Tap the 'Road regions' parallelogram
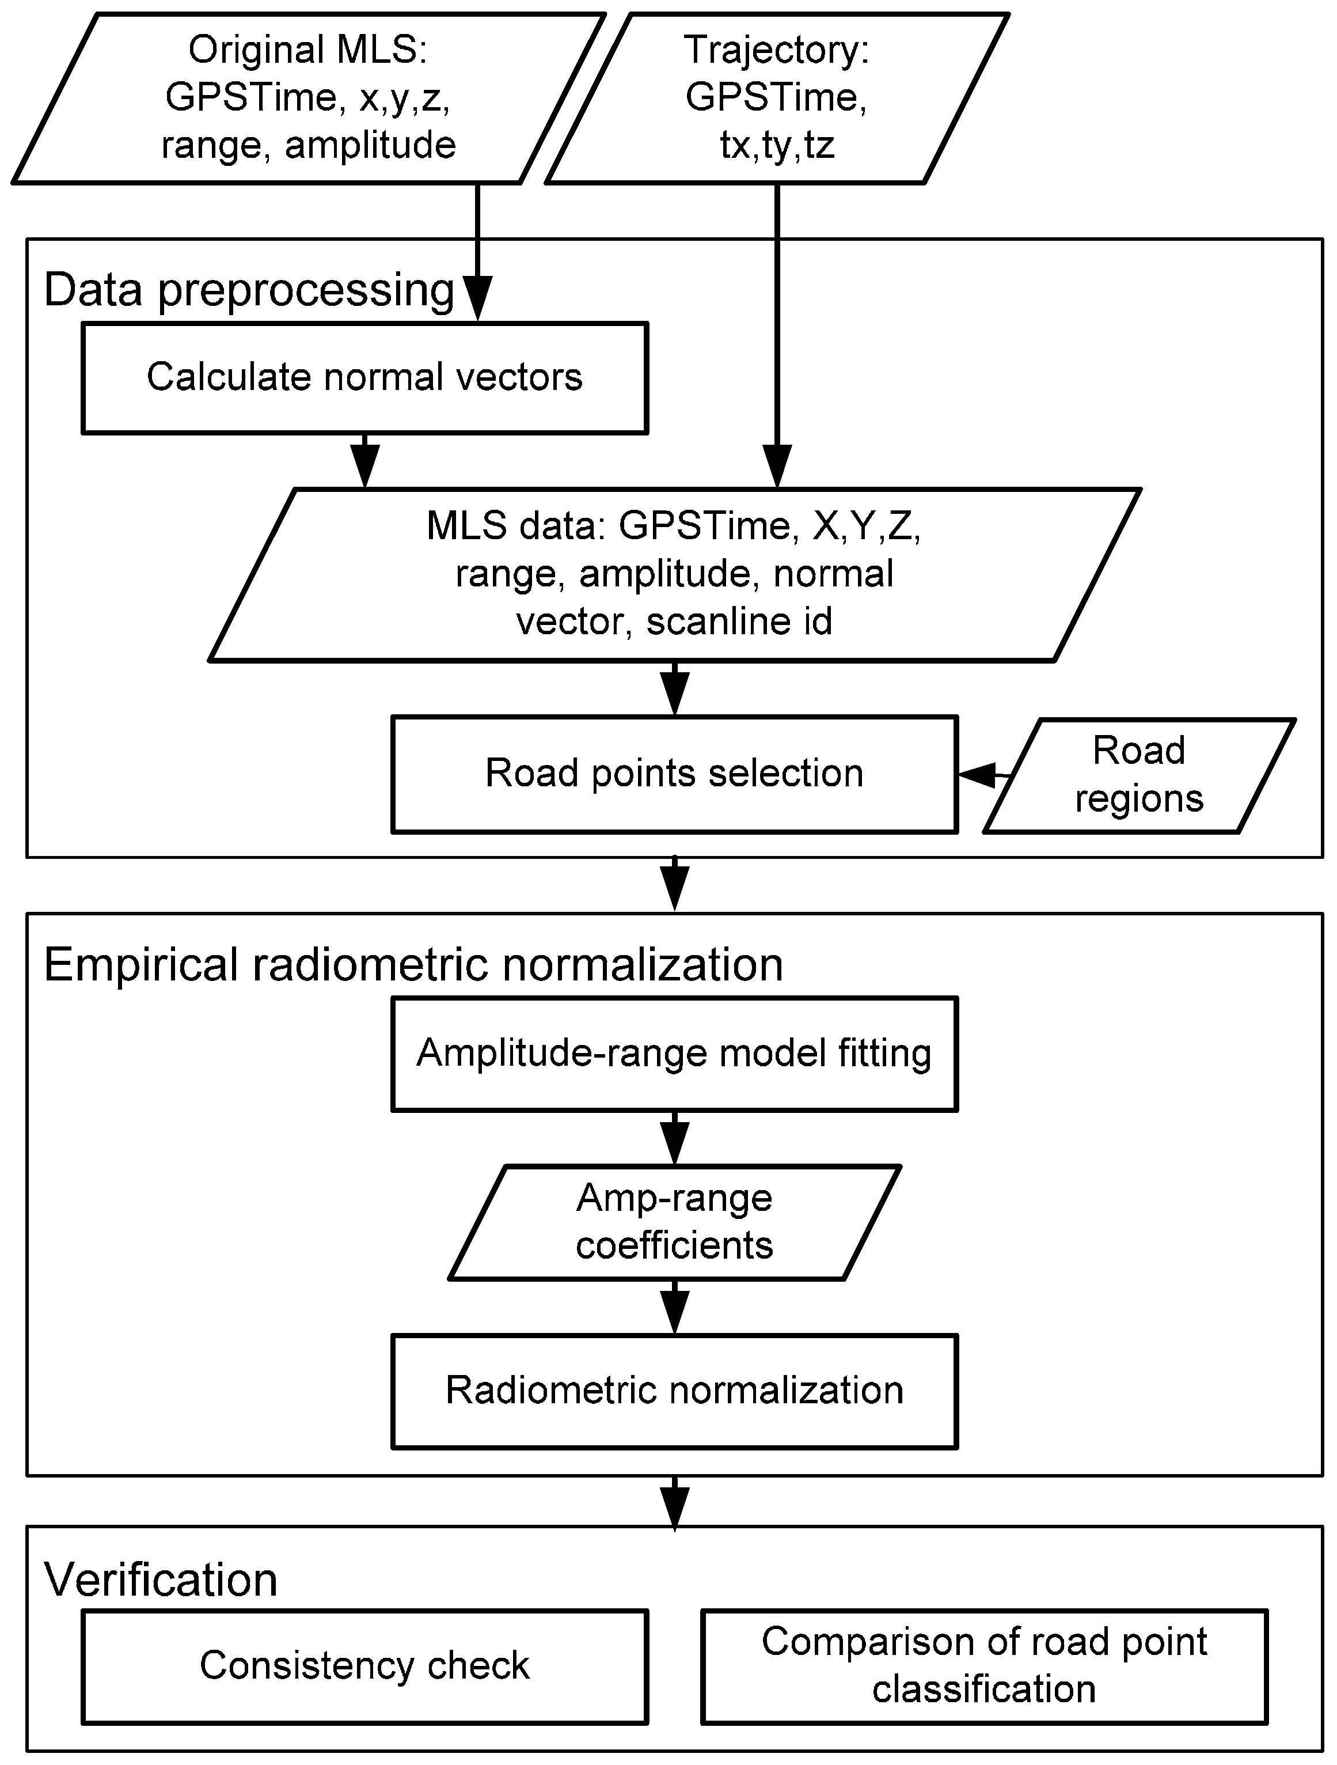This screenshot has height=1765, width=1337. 1138,775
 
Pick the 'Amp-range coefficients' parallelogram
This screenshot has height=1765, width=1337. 674,1222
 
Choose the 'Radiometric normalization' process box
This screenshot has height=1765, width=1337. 674,1391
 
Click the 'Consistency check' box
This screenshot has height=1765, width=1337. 364,1665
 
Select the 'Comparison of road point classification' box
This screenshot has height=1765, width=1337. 983,1665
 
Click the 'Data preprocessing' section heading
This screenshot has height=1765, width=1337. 249,290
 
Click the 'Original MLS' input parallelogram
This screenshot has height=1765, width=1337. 308,97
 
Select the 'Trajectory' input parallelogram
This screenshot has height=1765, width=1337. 776,97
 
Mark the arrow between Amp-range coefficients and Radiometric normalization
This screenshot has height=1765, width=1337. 675,1306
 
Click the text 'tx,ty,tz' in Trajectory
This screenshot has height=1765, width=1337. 776,145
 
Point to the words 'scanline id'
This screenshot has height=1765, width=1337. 739,622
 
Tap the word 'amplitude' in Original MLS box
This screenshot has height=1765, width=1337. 370,145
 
